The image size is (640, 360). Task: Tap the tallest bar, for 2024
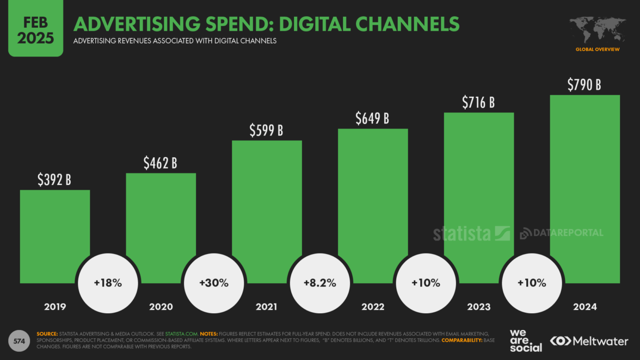584,179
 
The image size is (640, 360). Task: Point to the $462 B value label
161,163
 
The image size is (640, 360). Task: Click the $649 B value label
372,118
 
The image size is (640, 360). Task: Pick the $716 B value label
478,102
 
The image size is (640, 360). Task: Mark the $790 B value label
584,84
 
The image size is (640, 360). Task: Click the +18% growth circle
108,283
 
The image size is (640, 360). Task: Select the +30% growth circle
214,283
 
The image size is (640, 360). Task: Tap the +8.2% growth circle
320,283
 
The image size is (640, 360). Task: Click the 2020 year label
161,307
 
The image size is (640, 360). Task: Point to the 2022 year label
373,307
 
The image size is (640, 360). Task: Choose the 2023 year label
478,307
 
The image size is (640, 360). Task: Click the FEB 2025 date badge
35,29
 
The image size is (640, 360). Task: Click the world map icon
598,30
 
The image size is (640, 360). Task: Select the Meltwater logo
589,341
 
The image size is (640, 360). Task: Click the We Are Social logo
526,340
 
